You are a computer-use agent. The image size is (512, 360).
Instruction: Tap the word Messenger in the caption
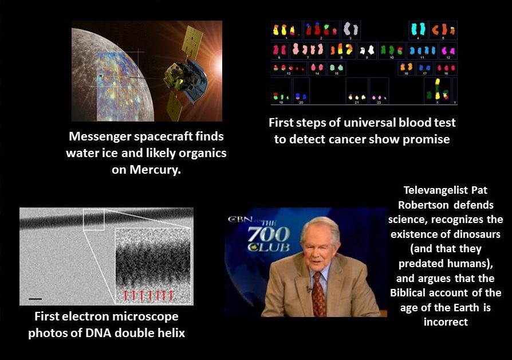(x=100, y=136)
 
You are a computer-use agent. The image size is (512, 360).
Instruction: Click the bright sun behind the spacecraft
(x=217, y=65)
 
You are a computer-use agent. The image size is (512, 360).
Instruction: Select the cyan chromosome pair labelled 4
(x=418, y=29)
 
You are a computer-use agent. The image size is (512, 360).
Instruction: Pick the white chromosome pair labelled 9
(x=367, y=50)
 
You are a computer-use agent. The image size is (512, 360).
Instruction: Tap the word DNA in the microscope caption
(x=99, y=333)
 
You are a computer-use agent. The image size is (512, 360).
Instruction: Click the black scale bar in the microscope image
(x=36, y=299)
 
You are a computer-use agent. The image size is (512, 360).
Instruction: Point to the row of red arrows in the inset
(x=148, y=295)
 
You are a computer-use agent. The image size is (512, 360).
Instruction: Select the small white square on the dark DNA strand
(x=94, y=220)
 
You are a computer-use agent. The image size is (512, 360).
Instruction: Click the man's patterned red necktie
(x=318, y=295)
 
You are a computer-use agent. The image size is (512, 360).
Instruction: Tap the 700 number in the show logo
(x=269, y=234)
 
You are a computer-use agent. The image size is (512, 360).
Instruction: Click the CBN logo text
(x=239, y=219)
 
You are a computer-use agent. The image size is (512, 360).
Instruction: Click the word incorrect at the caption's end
(x=446, y=322)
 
